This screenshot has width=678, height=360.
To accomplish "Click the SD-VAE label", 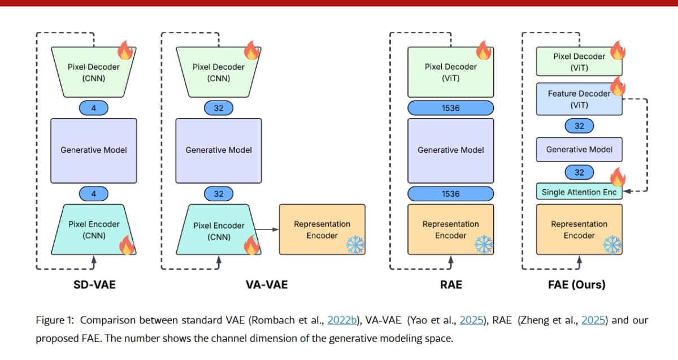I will pos(94,284).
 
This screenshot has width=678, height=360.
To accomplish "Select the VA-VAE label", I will pos(266,284).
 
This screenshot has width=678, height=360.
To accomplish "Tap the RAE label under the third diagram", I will pos(450,284).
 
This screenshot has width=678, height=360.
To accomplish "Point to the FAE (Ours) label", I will pos(576,284).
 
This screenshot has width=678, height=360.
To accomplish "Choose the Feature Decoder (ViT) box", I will pos(579,99).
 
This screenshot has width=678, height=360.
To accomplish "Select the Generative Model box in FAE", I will pos(579,150).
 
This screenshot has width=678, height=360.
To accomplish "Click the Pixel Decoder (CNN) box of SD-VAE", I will pos(93,72).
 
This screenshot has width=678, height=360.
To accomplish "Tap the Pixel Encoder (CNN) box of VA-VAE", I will pos(219,231).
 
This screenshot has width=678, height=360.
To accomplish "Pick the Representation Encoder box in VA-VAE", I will pos(322,229).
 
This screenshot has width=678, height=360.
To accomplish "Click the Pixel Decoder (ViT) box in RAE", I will pos(450,72).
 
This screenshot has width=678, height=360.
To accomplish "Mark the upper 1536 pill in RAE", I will pos(450,107).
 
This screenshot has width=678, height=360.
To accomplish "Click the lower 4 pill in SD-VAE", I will pos(93,194).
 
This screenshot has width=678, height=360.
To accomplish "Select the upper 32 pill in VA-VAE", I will pos(219,107).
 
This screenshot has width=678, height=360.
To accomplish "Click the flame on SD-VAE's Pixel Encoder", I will pos(126,245).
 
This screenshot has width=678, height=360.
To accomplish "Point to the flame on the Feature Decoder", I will pos(618,87).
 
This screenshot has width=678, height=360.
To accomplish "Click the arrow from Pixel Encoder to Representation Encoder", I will pos(269,229).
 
